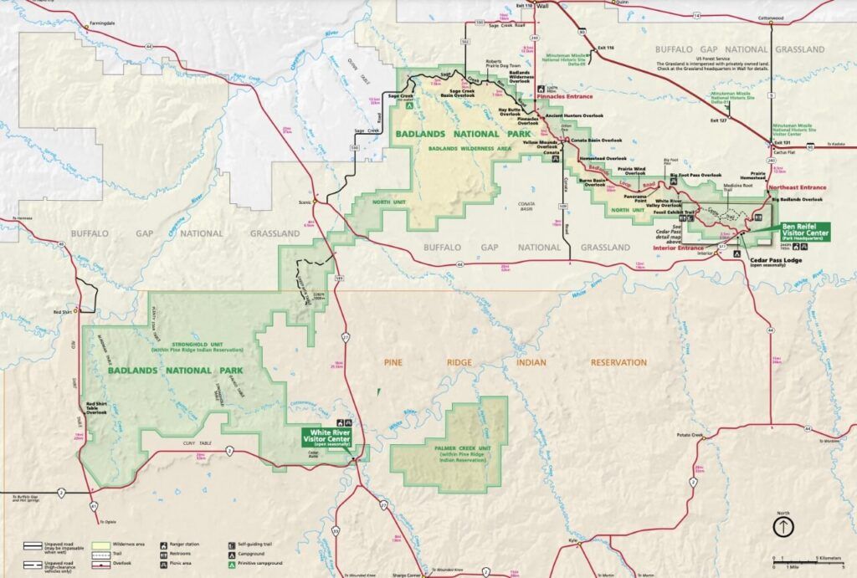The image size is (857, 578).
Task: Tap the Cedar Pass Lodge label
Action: tap(772, 260)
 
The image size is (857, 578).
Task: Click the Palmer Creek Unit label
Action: tap(449, 453)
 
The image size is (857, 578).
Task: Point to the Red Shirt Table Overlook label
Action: tap(97, 407)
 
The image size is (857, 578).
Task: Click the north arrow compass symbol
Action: tap(783, 526)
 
